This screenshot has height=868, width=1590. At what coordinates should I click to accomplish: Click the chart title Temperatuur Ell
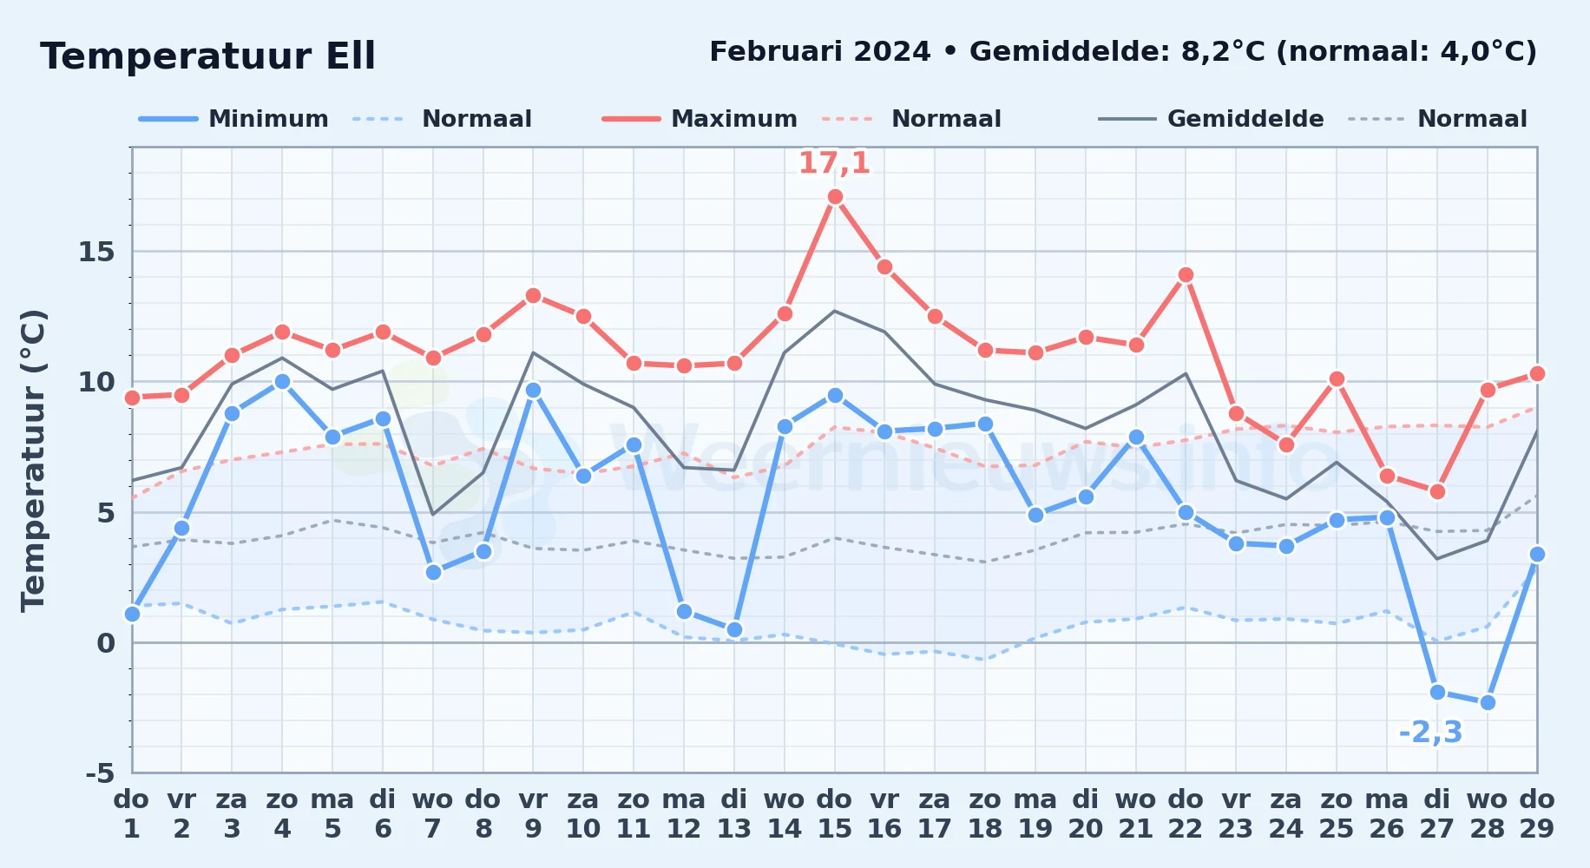207,56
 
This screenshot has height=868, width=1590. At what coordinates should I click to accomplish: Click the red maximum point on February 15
835,197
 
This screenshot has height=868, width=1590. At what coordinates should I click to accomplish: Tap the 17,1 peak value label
834,162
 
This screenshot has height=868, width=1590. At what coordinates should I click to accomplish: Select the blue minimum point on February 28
1488,702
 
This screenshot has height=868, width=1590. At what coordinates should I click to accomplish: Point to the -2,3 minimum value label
1430,733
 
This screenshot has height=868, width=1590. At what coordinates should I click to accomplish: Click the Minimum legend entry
233,119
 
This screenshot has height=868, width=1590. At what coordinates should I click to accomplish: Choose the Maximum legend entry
700,119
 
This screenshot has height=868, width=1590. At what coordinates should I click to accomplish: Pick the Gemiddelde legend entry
1211,119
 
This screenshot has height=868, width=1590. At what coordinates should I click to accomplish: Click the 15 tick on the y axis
96,252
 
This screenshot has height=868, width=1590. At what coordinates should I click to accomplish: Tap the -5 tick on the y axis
100,773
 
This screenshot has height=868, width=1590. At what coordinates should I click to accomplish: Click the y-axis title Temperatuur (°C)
33,460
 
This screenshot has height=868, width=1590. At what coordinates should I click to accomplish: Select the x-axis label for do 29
1537,813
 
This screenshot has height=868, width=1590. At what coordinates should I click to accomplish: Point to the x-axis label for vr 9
533,813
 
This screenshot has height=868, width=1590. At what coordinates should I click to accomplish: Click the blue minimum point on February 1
132,614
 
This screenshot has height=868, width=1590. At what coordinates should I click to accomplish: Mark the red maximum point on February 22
1186,275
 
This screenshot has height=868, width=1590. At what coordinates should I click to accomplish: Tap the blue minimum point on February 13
734,629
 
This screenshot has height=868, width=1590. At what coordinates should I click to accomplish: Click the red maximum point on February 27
1437,491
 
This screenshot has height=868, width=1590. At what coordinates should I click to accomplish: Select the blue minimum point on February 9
533,391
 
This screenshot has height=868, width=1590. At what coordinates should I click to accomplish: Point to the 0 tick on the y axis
106,643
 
